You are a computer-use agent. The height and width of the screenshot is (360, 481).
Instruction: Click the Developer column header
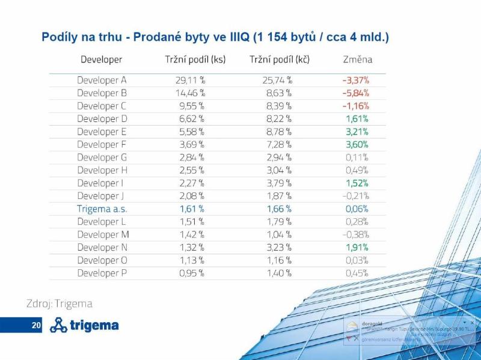(101, 59)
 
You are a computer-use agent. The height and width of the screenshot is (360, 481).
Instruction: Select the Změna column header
(357, 59)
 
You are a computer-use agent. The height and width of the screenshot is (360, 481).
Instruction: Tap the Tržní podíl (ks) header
(195, 59)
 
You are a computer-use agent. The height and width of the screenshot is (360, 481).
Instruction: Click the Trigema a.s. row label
(102, 209)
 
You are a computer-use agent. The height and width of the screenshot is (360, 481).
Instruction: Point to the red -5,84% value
(355, 93)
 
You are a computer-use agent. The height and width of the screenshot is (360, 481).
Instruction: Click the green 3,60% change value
(357, 144)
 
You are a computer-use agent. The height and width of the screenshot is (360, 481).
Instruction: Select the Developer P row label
(102, 273)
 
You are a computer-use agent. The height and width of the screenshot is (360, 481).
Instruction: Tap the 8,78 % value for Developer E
(279, 132)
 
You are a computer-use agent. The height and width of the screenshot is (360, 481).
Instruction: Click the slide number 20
(36, 325)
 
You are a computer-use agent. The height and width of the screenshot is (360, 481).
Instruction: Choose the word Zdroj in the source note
(38, 304)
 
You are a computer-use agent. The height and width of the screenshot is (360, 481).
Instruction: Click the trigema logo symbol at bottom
(58, 325)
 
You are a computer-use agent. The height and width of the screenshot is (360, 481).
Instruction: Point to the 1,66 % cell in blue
(279, 209)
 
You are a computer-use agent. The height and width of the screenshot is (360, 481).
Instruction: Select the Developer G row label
(102, 157)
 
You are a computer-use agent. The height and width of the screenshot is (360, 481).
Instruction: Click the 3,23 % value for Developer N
(279, 247)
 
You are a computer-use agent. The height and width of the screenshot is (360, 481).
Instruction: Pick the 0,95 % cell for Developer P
(192, 273)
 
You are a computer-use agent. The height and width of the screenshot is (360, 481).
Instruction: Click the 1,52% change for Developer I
(357, 183)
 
